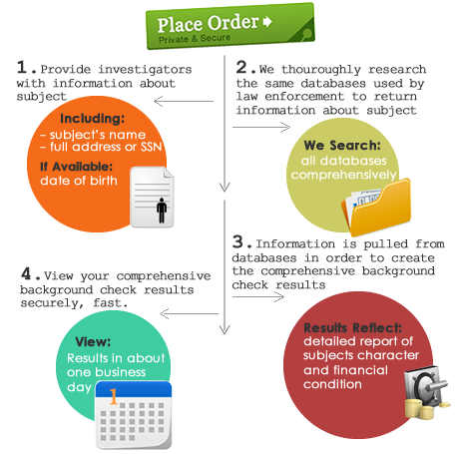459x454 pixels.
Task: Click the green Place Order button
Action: click(230, 26)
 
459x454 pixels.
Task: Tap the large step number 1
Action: click(22, 67)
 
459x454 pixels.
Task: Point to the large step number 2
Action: click(241, 67)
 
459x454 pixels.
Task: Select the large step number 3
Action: click(237, 241)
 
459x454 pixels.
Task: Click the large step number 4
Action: click(26, 273)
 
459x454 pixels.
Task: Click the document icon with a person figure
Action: click(152, 197)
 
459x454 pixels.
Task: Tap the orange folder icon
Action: click(376, 207)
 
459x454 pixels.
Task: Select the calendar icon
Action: click(134, 415)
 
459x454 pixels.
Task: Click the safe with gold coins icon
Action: click(427, 392)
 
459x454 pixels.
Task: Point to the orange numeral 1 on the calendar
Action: click(114, 396)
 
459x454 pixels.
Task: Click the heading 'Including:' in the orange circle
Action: click(93, 119)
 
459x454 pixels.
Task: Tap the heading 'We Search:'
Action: click(342, 146)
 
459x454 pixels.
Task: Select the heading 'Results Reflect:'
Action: click(353, 328)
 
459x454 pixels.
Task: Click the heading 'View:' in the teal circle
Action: click(93, 341)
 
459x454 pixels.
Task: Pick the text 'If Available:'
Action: click(76, 167)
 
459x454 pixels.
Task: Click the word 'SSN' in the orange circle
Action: click(151, 147)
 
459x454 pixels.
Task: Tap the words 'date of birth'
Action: click(79, 181)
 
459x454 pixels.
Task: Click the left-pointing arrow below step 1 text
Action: click(184, 101)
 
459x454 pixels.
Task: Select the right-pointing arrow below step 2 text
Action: click(261, 127)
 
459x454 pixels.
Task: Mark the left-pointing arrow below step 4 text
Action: click(189, 313)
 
